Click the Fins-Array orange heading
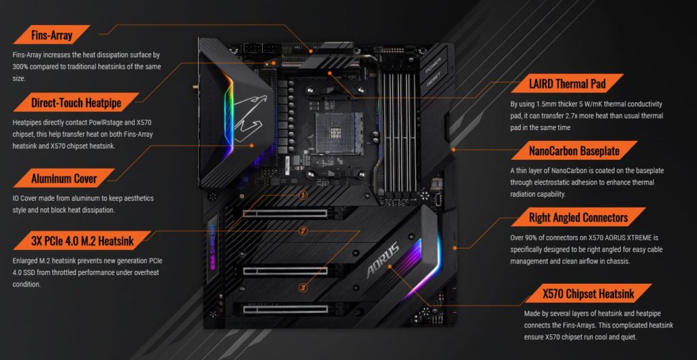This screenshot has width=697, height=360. (x=52, y=35)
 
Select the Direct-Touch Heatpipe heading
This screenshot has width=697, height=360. (x=76, y=103)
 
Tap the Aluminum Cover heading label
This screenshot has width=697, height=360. (x=64, y=178)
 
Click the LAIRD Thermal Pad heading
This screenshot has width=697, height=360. (x=567, y=83)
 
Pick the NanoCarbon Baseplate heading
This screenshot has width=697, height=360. (x=574, y=150)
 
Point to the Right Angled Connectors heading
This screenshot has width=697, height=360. (x=579, y=217)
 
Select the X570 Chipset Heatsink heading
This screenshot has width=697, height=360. (x=588, y=293)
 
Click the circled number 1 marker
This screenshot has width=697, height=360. (x=303, y=195)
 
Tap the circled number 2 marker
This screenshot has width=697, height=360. (x=303, y=231)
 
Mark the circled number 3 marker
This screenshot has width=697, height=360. (x=303, y=288)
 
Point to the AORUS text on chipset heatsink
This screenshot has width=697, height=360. (x=383, y=260)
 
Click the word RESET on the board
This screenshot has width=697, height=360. (x=433, y=82)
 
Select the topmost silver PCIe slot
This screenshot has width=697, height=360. (x=285, y=213)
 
